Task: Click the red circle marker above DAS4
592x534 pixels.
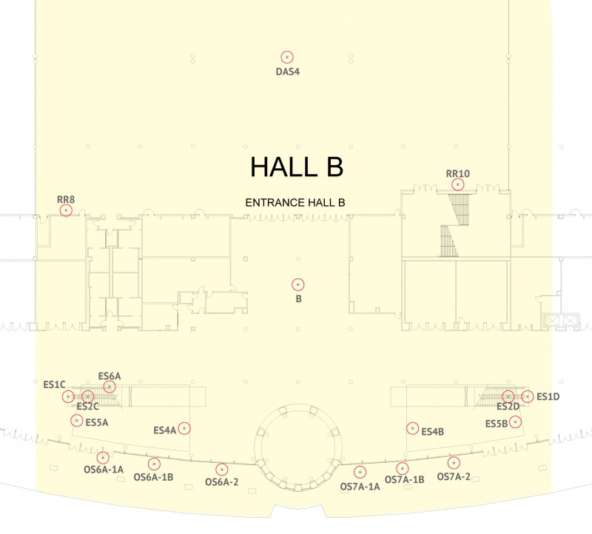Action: [x=287, y=57]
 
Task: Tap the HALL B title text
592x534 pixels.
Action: [x=297, y=167]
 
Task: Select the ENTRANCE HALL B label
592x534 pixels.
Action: [x=295, y=203]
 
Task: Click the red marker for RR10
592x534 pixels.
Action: [x=457, y=184]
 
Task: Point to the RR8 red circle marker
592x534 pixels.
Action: [x=66, y=210]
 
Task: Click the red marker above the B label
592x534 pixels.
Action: [x=298, y=284]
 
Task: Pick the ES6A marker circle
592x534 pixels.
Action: [x=110, y=387]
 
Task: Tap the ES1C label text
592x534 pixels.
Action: [x=54, y=384]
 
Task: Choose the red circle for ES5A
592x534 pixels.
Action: [x=77, y=420]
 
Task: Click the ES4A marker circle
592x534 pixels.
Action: [x=184, y=428]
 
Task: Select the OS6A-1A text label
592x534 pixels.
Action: [x=104, y=470]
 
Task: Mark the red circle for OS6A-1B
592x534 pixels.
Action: [x=154, y=464]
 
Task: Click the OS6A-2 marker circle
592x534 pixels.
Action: [x=221, y=470]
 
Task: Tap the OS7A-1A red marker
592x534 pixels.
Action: [x=360, y=472]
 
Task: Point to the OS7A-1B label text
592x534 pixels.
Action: [x=404, y=480]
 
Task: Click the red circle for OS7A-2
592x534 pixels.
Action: [x=454, y=463]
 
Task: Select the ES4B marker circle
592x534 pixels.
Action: [x=413, y=428]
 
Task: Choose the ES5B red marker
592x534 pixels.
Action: [x=515, y=421]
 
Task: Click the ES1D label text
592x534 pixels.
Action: [x=548, y=396]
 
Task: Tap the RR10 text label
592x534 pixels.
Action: [x=457, y=173]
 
